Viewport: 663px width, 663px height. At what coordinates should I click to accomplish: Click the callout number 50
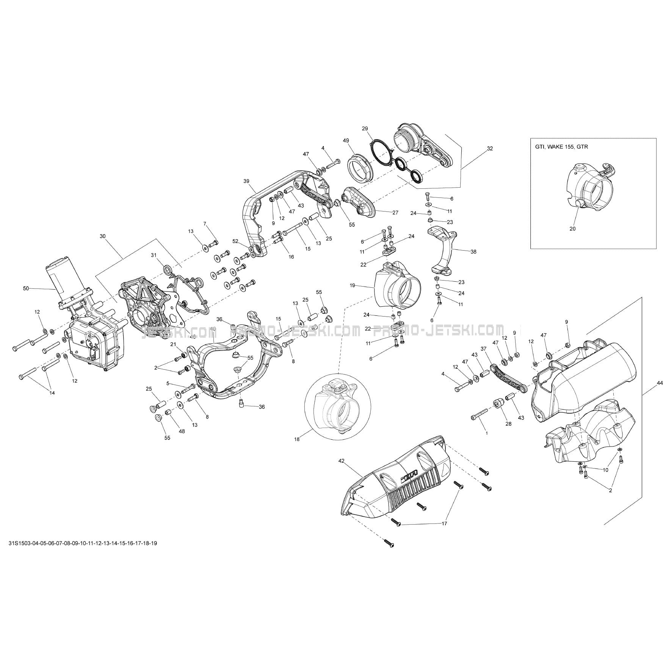[x=26, y=288]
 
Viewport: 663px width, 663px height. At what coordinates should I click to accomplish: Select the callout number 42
[x=341, y=461]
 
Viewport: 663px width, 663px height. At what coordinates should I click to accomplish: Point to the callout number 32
[x=490, y=149]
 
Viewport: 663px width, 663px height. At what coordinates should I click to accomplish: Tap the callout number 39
[x=246, y=181]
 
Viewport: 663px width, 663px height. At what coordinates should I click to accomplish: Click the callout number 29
[x=365, y=129]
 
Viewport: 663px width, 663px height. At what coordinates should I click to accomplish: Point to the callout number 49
[x=346, y=141]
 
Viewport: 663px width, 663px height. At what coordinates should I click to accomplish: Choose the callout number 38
[x=473, y=251]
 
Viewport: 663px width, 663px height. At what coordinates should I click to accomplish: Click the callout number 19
[x=353, y=285]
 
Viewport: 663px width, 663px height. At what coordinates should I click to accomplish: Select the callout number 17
[x=444, y=524]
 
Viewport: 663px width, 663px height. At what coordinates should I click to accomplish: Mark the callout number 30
[x=103, y=236]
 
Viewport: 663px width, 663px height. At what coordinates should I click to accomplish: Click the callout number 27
[x=395, y=213]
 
